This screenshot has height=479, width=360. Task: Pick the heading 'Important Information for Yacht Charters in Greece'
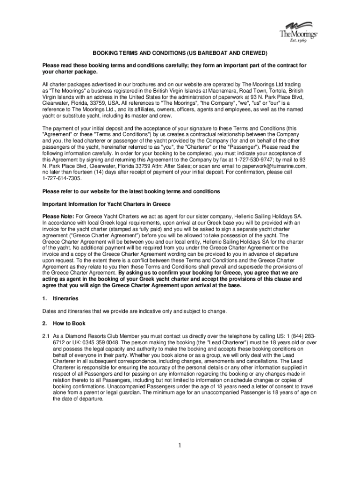pos(106,204)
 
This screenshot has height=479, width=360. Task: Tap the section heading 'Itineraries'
pos(65,298)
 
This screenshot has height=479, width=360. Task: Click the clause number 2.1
pos(46,336)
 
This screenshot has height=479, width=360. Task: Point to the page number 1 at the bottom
pos(180,445)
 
